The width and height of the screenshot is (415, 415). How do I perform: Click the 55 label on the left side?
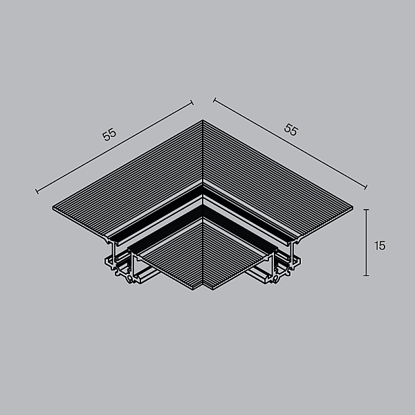pos(109,134)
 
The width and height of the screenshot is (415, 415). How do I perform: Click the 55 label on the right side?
pos(291,129)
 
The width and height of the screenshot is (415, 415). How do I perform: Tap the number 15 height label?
pos(380,246)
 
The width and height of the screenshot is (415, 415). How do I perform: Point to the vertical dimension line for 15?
pos(367,243)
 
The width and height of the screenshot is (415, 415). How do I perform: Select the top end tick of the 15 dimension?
pos(367,210)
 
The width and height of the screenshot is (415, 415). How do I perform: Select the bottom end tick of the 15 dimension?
pos(367,275)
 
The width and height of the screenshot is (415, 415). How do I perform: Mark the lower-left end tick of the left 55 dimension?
pos(37,191)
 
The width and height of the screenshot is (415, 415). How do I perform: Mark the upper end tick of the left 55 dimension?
pos(192,102)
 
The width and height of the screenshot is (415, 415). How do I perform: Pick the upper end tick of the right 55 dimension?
pos(214,100)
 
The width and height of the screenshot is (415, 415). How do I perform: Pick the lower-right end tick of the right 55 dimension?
pos(366,187)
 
